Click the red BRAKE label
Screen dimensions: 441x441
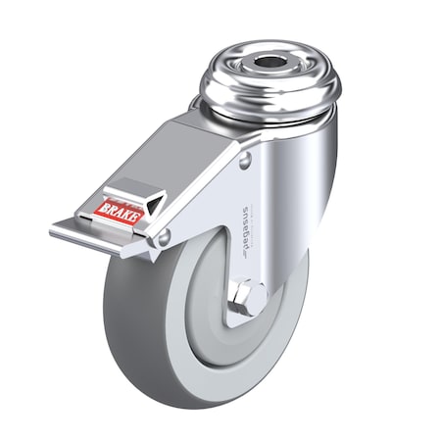[119, 210]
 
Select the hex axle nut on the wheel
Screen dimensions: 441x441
[251, 297]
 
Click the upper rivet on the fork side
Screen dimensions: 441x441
[244, 160]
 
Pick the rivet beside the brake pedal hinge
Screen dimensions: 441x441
[164, 235]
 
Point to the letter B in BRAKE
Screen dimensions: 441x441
[103, 209]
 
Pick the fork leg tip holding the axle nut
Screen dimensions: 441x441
[245, 312]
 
